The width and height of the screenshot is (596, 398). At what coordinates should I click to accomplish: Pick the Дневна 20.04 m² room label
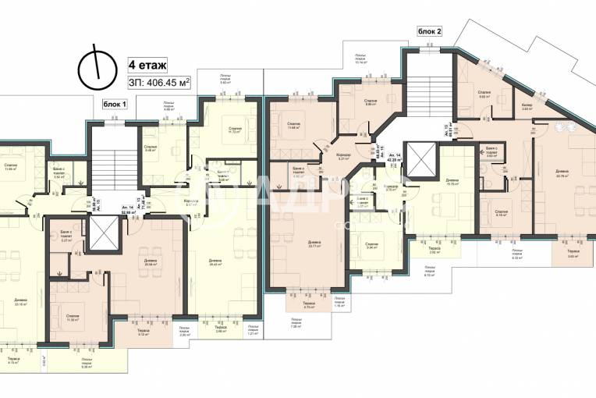click(x=150, y=262)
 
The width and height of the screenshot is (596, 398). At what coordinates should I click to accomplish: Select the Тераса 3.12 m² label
click(x=143, y=331)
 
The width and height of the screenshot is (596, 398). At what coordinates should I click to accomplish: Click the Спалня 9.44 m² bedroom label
click(x=372, y=246)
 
